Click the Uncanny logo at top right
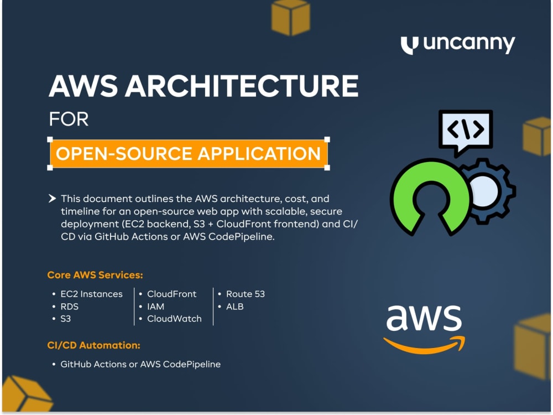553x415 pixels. click(458, 44)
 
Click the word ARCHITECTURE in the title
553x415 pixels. click(242, 86)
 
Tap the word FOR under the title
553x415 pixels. click(69, 119)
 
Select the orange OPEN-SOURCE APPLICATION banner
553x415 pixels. click(189, 153)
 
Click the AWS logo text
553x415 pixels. click(424, 318)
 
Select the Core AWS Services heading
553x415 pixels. click(95, 275)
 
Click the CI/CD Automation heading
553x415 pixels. click(94, 345)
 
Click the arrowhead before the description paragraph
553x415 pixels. click(52, 198)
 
